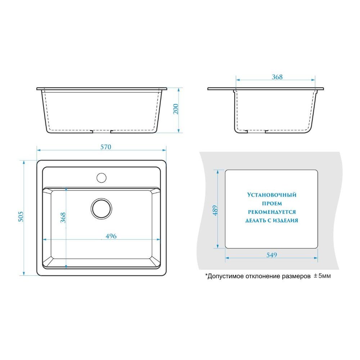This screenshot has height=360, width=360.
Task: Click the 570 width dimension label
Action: (106, 147)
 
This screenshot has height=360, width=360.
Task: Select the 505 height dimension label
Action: (21, 217)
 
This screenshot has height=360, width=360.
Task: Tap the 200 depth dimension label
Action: (176, 109)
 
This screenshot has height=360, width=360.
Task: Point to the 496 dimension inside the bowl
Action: (111, 236)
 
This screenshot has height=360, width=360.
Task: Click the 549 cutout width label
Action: (272, 255)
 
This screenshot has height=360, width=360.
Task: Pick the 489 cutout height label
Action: (215, 210)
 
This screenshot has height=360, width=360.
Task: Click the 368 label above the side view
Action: (277, 77)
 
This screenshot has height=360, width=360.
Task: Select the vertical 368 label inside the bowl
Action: (63, 218)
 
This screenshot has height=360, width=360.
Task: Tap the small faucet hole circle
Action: (101, 178)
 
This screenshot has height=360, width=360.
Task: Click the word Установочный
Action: (272, 195)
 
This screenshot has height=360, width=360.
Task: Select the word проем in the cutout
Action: (272, 203)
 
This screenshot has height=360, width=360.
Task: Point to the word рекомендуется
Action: (272, 212)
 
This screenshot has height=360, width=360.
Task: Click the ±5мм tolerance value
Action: (322, 276)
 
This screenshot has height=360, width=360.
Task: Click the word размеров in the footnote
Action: (296, 276)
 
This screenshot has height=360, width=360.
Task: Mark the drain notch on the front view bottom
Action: (101, 131)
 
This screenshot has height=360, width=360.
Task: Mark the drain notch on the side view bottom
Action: (256, 131)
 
